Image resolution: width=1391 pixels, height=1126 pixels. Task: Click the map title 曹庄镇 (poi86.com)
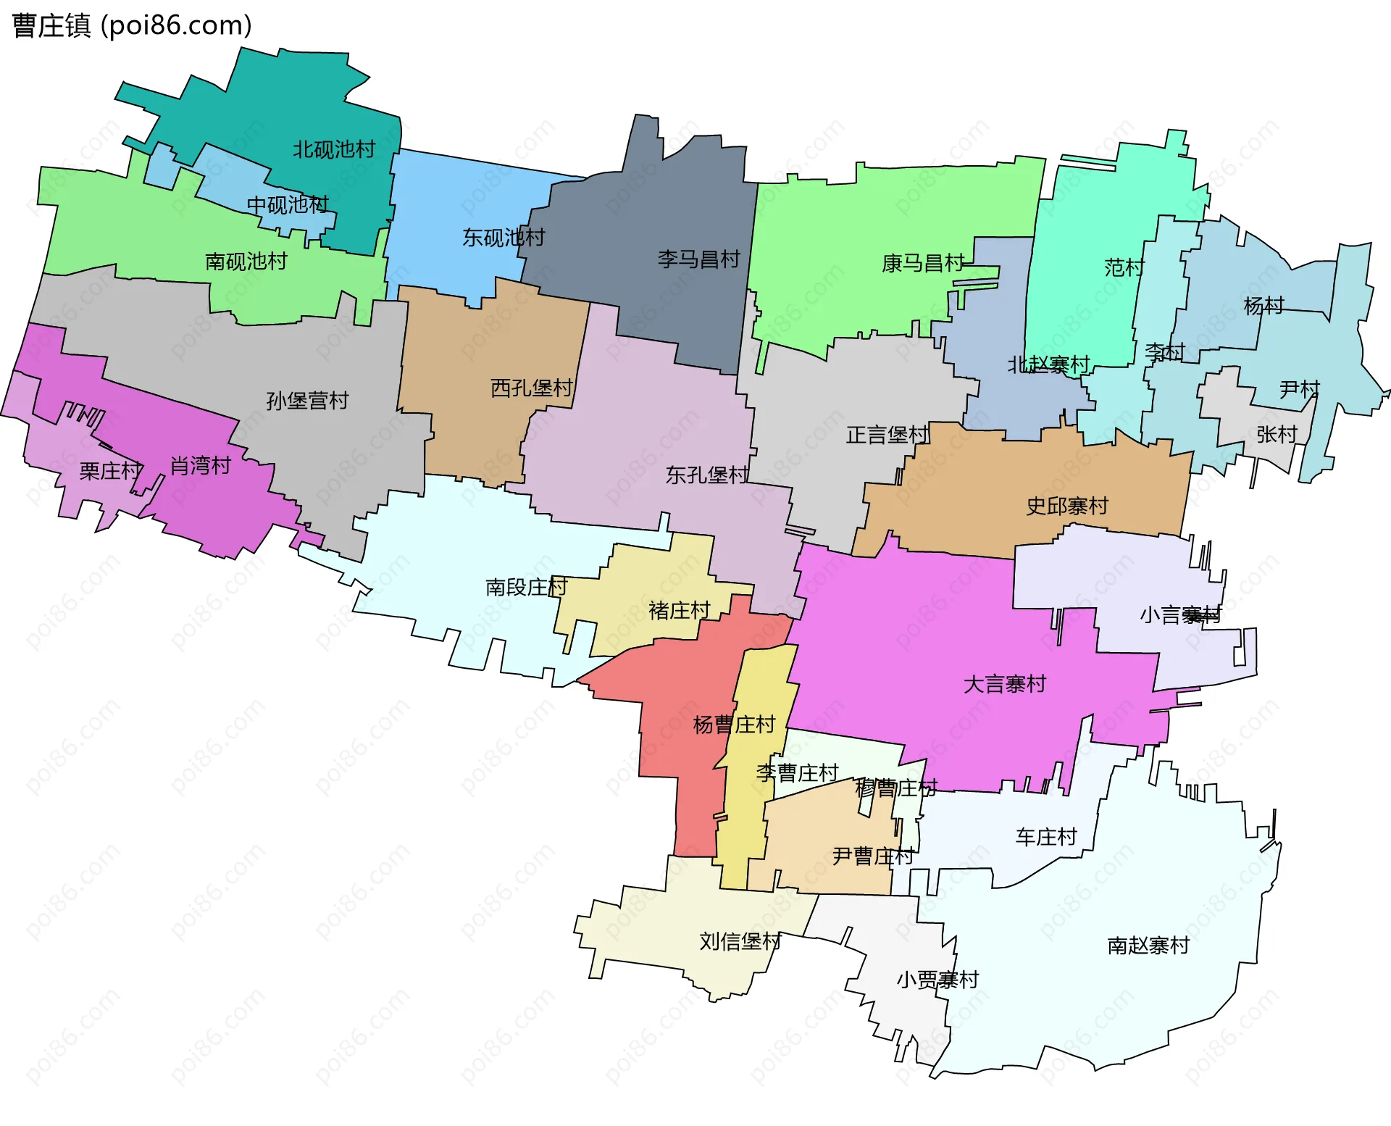coord(132,25)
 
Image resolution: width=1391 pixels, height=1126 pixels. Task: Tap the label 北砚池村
coord(334,149)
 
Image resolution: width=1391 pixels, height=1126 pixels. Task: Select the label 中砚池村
coord(288,205)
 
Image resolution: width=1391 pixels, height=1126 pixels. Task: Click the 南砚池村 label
coord(246,261)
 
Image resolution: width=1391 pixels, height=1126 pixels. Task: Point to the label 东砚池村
coord(504,237)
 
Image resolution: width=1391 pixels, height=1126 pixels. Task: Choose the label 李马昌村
coord(698,259)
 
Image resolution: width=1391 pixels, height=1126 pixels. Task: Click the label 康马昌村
coord(923,263)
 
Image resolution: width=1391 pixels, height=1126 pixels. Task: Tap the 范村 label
coord(1124,267)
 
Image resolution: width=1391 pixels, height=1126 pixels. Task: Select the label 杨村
coord(1263,305)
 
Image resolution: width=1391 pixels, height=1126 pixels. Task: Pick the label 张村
coord(1277,434)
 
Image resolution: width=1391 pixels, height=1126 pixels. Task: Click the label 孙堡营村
coord(307,400)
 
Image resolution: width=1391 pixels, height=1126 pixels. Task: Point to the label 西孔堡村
coord(532,388)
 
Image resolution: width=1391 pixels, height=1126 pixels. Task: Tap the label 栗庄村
coord(111,471)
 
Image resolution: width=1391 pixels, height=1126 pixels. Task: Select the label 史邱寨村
coord(1067,506)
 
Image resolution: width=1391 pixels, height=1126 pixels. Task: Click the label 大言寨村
coord(1005,683)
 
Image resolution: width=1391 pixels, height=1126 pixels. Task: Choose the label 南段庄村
coord(526,586)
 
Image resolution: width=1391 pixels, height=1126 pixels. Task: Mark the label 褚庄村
coord(680,610)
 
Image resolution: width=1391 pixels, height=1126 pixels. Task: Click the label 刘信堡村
coord(740,941)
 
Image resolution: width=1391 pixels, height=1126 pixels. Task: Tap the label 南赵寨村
coord(1148,945)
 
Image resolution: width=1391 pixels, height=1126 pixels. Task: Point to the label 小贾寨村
coord(937,980)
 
